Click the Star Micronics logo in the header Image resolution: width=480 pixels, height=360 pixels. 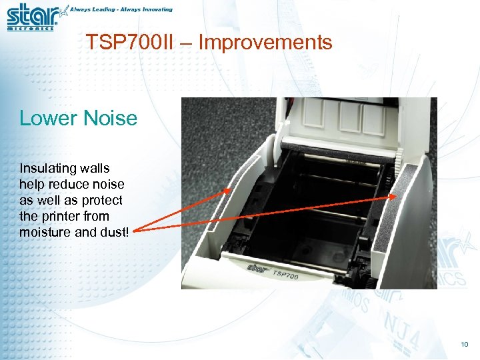[x=33, y=16]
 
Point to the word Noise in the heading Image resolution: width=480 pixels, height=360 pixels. [x=109, y=119]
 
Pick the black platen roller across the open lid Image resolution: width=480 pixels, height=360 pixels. [x=333, y=149]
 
